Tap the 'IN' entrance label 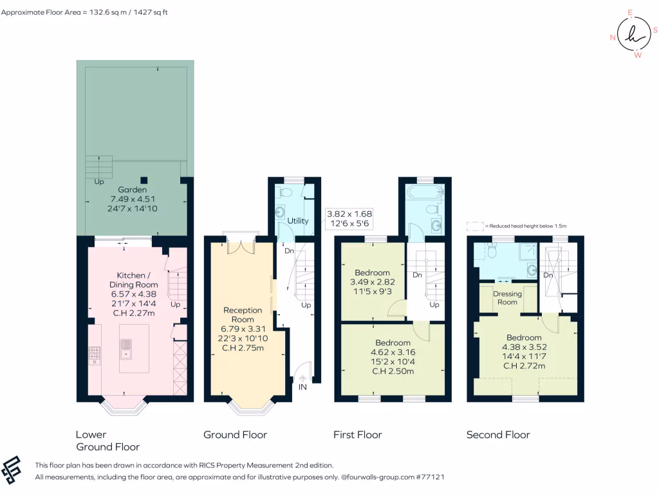click(x=302, y=387)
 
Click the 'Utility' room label click(x=298, y=221)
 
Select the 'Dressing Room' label click(x=507, y=298)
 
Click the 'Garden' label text click(x=133, y=190)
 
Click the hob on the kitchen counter click(x=95, y=354)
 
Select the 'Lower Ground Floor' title click(x=107, y=441)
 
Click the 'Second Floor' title click(x=498, y=435)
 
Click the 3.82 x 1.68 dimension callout click(x=349, y=218)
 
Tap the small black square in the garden click(x=145, y=180)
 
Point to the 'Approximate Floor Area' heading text click(x=84, y=12)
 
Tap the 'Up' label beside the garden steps click(x=99, y=181)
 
